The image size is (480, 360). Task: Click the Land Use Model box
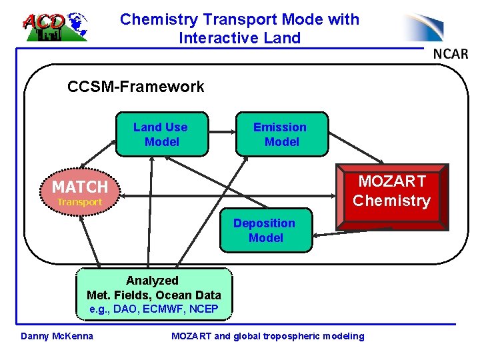tap(161, 135)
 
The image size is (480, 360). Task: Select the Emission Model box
tap(280, 135)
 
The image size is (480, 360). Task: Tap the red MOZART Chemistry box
tap(391, 193)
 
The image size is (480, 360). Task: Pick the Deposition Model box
tap(265, 231)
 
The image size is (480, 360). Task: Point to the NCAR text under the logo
tap(451, 53)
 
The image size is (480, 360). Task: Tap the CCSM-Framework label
tap(136, 87)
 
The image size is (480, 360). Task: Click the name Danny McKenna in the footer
tap(57, 335)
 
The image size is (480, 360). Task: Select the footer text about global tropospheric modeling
tap(268, 336)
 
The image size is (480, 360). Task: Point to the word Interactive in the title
tap(217, 38)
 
